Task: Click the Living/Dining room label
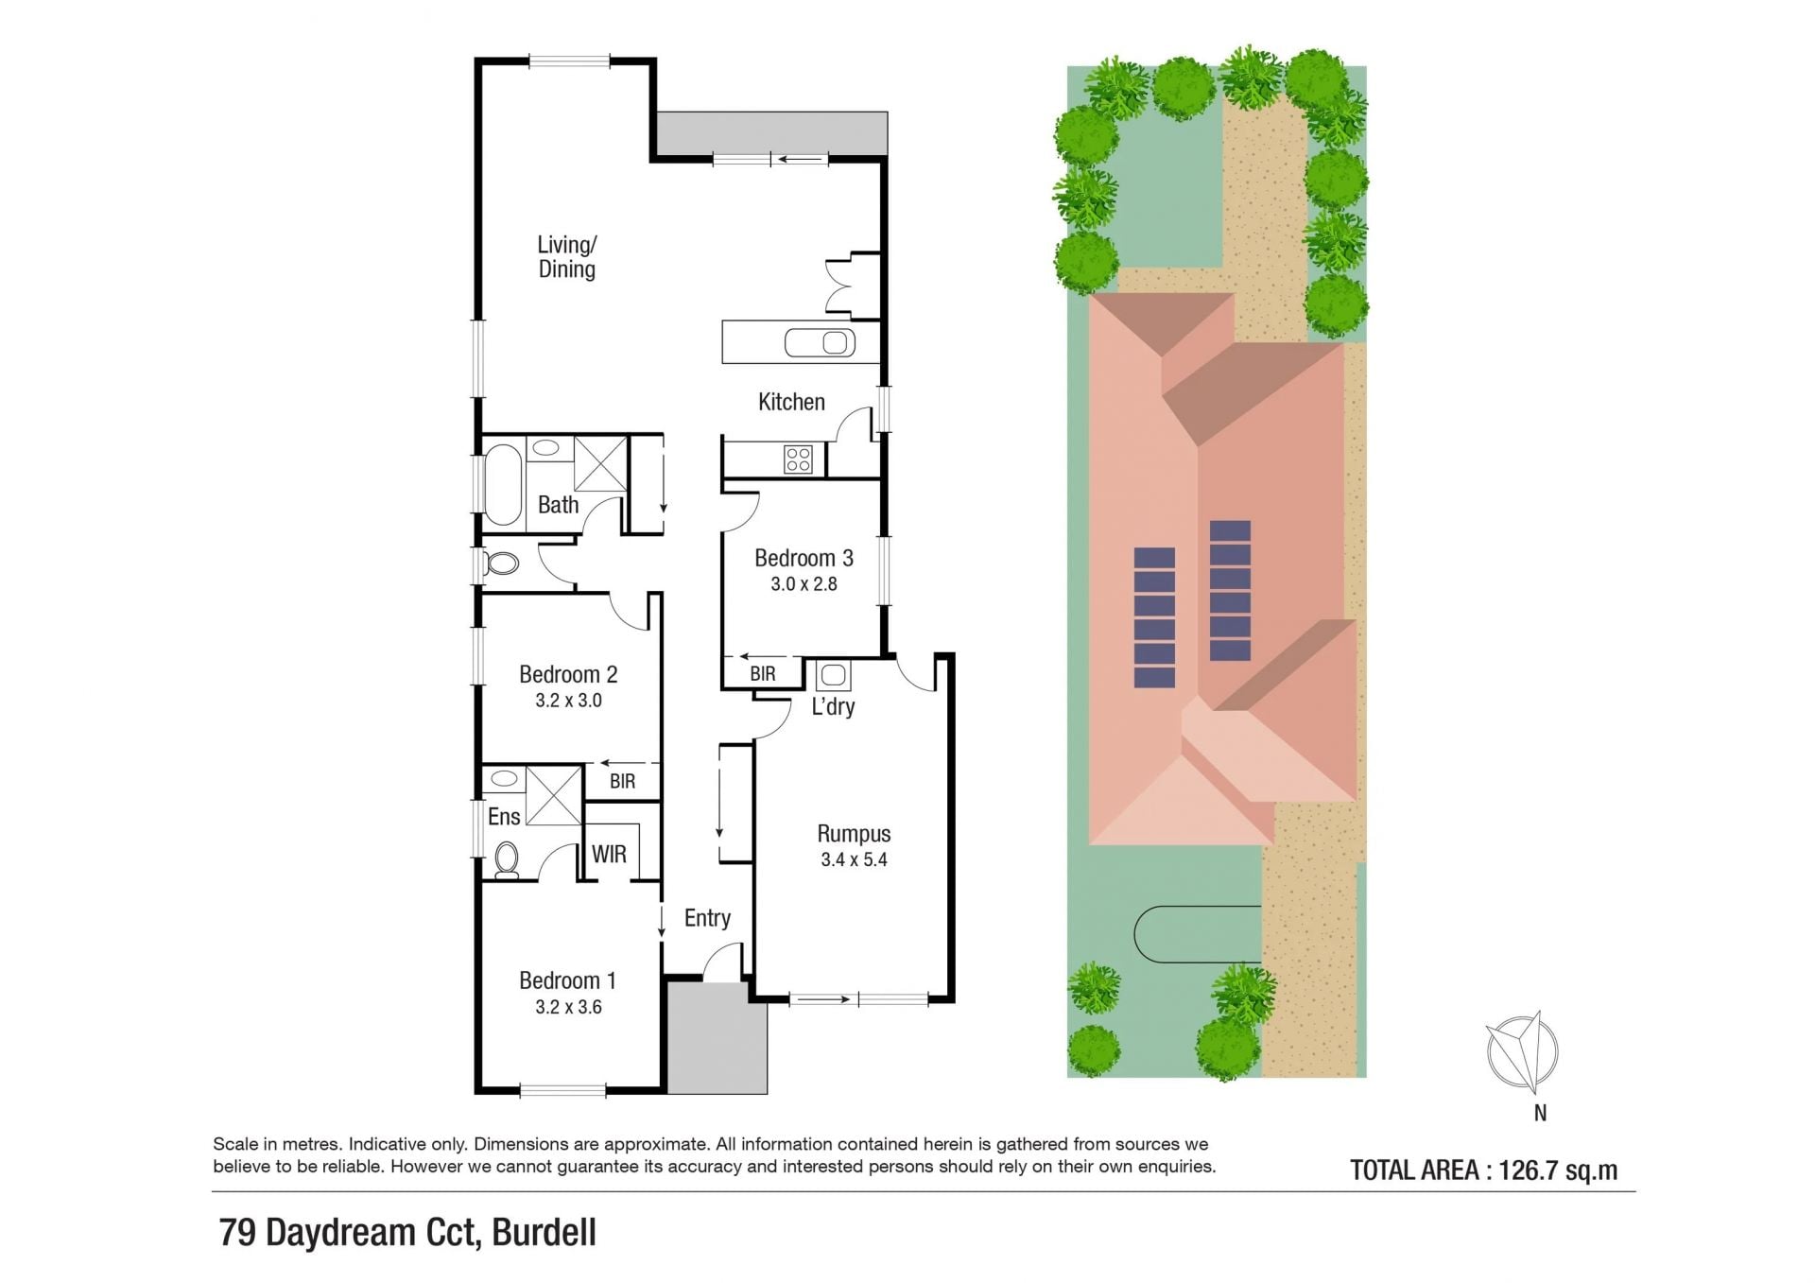click(x=567, y=257)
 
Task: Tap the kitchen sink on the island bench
click(x=820, y=342)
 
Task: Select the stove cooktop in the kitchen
click(x=798, y=459)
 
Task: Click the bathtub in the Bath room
click(x=502, y=485)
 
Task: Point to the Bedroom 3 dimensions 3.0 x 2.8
click(x=804, y=584)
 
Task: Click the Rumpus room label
click(x=854, y=834)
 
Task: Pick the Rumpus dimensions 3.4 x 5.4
click(x=854, y=860)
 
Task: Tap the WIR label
click(x=609, y=855)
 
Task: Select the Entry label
click(x=707, y=918)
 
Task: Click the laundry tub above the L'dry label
click(x=833, y=675)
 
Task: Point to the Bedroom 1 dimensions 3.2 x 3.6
click(x=568, y=1007)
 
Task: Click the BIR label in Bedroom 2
click(x=622, y=782)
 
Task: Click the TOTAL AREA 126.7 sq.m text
click(x=1483, y=1170)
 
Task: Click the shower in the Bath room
click(x=600, y=463)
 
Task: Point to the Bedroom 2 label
click(x=568, y=674)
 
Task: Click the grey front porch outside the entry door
click(x=717, y=1038)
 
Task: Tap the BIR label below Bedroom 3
click(x=763, y=674)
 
